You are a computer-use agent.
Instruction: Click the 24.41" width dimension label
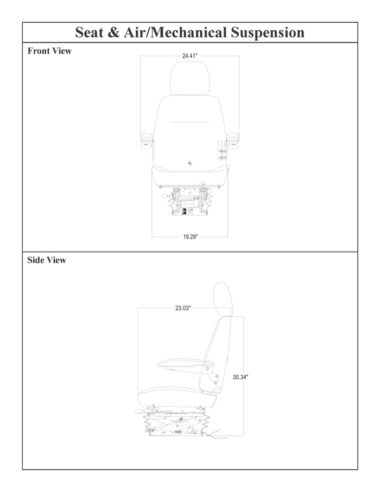[x=190, y=56]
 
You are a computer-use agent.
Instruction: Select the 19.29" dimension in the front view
[x=191, y=237]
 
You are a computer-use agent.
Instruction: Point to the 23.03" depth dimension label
[x=183, y=308]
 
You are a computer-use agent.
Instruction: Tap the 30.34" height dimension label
[x=240, y=377]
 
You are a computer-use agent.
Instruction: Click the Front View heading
[x=49, y=51]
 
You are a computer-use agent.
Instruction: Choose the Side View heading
[x=46, y=260]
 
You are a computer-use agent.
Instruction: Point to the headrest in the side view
[x=222, y=298]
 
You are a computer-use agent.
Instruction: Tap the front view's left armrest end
[x=146, y=139]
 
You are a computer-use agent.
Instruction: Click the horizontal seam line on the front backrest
[x=189, y=120]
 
